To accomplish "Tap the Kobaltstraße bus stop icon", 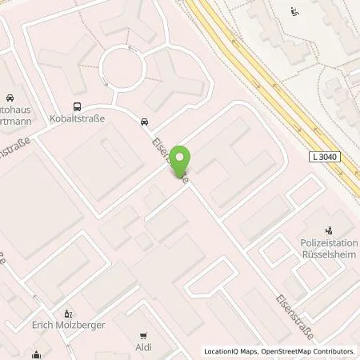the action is click(x=77, y=106).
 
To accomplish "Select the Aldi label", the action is click(x=143, y=347).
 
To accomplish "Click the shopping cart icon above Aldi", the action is click(x=143, y=336).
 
